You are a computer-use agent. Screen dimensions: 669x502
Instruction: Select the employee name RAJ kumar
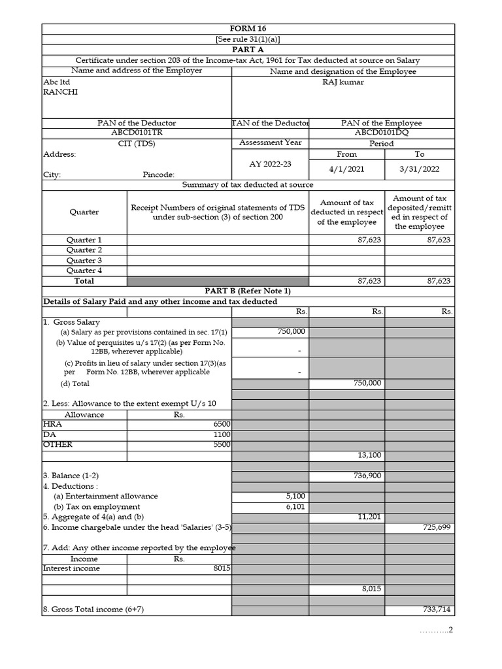[x=343, y=82]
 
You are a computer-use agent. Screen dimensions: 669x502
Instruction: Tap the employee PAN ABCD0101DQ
[x=381, y=133]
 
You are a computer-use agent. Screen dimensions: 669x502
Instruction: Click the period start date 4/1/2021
[x=346, y=169]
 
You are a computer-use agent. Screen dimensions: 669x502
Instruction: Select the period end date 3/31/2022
[x=419, y=169]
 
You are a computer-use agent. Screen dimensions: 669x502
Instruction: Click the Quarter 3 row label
[x=84, y=260]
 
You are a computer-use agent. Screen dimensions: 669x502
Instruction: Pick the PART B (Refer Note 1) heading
[x=248, y=291]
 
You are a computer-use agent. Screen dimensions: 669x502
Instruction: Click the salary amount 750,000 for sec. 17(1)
[x=292, y=332]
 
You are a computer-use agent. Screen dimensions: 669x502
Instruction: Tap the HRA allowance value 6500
[x=222, y=424]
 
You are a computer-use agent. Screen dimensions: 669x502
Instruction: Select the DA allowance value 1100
[x=222, y=434]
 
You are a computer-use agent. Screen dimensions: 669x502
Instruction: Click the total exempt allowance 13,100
[x=369, y=455]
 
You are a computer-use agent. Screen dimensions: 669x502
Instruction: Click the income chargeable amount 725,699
[x=437, y=527]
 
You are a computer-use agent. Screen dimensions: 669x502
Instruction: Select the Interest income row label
[x=72, y=568]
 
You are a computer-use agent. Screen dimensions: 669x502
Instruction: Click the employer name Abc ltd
[x=57, y=82]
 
